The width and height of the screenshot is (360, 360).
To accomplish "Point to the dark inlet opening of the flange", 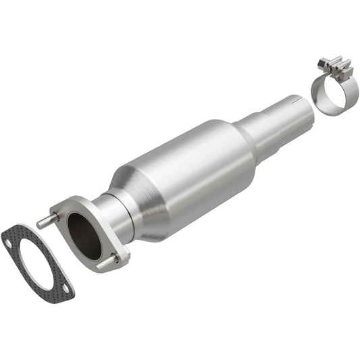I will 84,234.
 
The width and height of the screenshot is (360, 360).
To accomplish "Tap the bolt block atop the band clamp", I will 334,68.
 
